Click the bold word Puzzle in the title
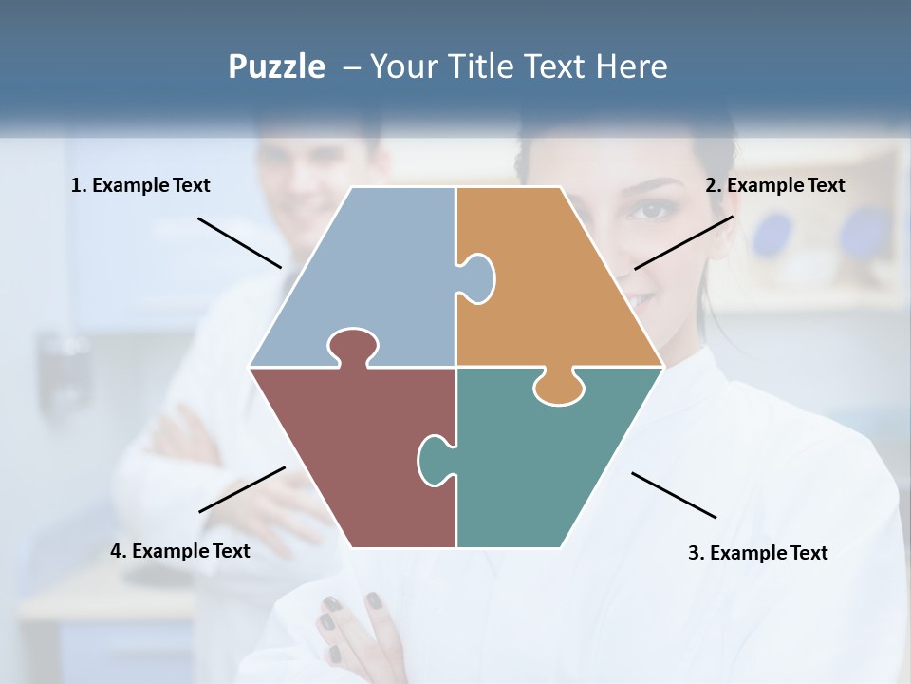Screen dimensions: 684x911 pyautogui.click(x=276, y=67)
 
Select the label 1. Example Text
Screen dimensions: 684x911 pyautogui.click(x=140, y=186)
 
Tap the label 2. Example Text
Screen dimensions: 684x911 pyautogui.click(x=774, y=186)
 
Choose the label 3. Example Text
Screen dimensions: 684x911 pyautogui.click(x=757, y=553)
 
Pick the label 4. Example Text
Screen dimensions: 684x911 pyautogui.click(x=180, y=551)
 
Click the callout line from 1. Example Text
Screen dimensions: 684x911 pyautogui.click(x=239, y=242)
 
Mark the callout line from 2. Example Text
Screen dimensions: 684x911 pyautogui.click(x=683, y=242)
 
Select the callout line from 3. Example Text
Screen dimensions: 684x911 pyautogui.click(x=674, y=495)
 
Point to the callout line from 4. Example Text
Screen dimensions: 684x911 pyautogui.click(x=242, y=489)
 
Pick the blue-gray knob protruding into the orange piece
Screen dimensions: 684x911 pyautogui.click(x=477, y=277)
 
